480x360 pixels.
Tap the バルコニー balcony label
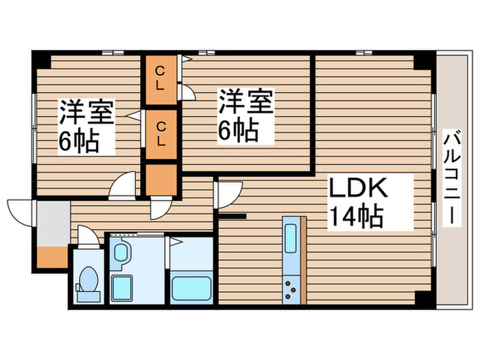pyautogui.click(x=452, y=178)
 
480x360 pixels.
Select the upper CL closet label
pyautogui.click(x=160, y=79)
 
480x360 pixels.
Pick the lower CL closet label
pyautogui.click(x=161, y=134)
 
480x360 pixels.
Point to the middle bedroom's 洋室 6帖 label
pyautogui.click(x=245, y=115)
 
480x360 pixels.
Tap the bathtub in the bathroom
pyautogui.click(x=191, y=289)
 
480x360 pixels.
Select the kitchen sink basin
pyautogui.click(x=291, y=239)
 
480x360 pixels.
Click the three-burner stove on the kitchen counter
pyautogui.click(x=291, y=289)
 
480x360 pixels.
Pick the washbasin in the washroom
pyautogui.click(x=121, y=252)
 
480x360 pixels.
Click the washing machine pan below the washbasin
pyautogui.click(x=121, y=288)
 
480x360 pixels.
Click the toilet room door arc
pyautogui.click(x=88, y=236)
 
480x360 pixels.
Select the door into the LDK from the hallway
pyautogui.click(x=228, y=195)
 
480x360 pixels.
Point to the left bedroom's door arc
pyautogui.click(x=123, y=186)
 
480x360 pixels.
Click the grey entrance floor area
pyautogui.click(x=53, y=224)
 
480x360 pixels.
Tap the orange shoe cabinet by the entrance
pyautogui.click(x=52, y=257)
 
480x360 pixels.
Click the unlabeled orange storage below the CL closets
pyautogui.click(x=161, y=180)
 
